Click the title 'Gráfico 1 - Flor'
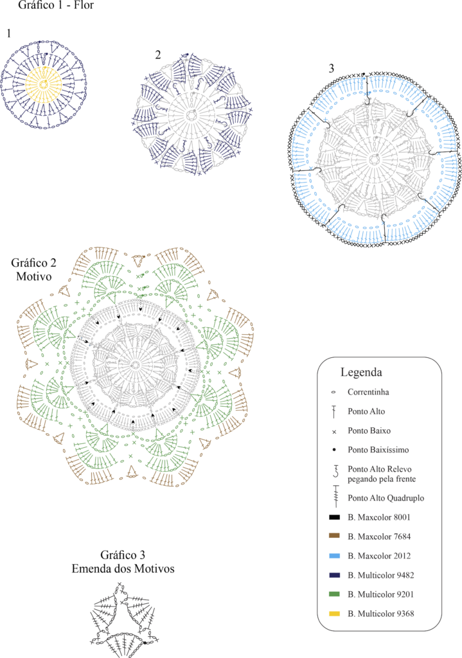tap(56, 5)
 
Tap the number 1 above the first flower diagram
tap(9, 33)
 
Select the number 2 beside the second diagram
tap(158, 55)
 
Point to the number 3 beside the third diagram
tap(332, 68)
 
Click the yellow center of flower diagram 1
tap(44, 84)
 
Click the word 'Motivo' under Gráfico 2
tap(34, 276)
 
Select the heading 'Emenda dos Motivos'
tap(123, 569)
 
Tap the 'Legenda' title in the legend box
tap(361, 372)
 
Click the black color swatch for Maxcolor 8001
tap(334, 517)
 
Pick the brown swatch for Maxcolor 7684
tap(334, 536)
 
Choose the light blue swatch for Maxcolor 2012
tap(334, 556)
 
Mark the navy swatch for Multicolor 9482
tap(334, 575)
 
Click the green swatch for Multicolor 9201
tap(334, 594)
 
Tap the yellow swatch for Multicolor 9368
tap(334, 614)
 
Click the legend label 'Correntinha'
tap(368, 392)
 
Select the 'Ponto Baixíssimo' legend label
tap(378, 450)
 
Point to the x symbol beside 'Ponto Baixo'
tap(334, 431)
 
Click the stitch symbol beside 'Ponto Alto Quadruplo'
tap(335, 497)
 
